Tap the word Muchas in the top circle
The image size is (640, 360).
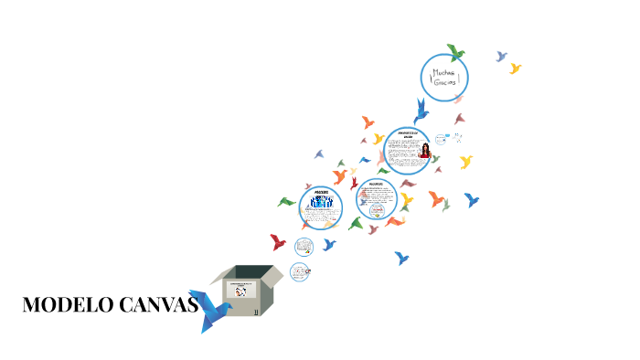pyautogui.click(x=444, y=71)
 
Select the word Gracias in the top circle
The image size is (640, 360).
pyautogui.click(x=444, y=82)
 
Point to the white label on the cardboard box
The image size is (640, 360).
pyautogui.click(x=241, y=289)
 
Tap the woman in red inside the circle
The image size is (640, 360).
pyautogui.click(x=424, y=149)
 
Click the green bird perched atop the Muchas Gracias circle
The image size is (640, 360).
pyautogui.click(x=454, y=52)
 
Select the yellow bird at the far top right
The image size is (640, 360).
pyautogui.click(x=516, y=69)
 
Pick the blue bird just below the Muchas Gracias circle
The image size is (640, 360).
pyautogui.click(x=421, y=111)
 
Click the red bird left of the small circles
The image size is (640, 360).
pyautogui.click(x=278, y=242)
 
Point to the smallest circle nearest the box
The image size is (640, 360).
pyautogui.click(x=300, y=271)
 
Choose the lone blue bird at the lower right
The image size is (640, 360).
pyautogui.click(x=401, y=259)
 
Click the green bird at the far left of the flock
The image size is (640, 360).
pyautogui.click(x=287, y=202)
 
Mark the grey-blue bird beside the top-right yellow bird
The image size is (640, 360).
pyautogui.click(x=501, y=57)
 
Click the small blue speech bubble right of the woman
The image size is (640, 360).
pyautogui.click(x=443, y=140)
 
